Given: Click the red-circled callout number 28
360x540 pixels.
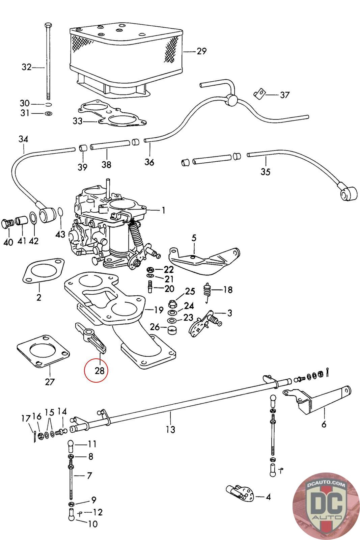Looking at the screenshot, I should tap(96, 371).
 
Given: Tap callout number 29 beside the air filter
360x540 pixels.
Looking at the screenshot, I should tap(201, 51).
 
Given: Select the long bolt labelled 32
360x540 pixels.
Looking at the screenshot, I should tap(48, 61).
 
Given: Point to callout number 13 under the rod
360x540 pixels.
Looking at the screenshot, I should tap(171, 430).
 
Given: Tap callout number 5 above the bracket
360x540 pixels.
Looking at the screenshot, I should tap(194, 238).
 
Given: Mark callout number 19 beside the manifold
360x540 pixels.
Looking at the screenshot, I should tap(159, 310).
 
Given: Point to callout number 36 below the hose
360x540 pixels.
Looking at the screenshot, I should tap(149, 162).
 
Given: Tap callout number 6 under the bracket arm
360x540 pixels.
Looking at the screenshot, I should tap(324, 424).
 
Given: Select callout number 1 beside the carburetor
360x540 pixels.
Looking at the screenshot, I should tap(163, 211).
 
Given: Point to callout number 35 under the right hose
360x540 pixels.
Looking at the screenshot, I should tap(266, 172).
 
